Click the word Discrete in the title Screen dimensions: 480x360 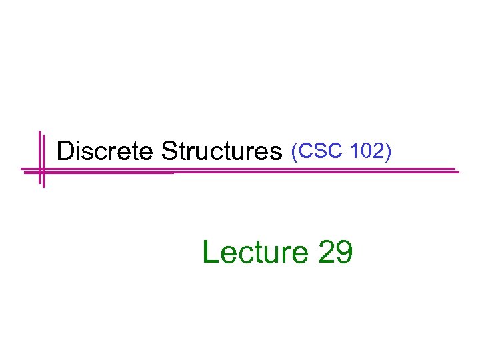pos(106,151)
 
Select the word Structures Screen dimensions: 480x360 pos(223,152)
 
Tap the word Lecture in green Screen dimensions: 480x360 pos(253,253)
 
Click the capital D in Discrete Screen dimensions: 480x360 pos(65,151)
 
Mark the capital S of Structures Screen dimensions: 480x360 pos(168,151)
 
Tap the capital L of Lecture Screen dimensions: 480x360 pos(209,253)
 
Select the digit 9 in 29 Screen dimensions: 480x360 pos(343,253)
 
